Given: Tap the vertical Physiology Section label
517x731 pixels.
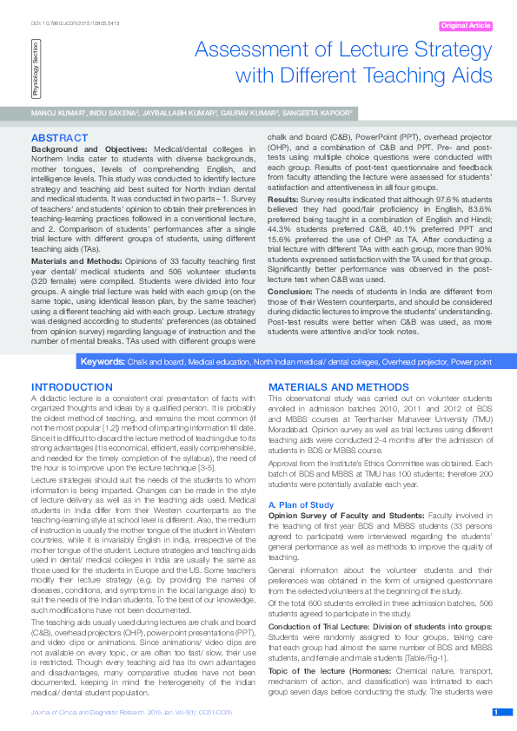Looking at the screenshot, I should coord(36,73).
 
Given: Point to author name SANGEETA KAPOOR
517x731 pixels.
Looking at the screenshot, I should coord(319,114).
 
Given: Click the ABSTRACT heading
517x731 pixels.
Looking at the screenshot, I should coord(58,138).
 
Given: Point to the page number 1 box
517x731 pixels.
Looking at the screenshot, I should coord(495,712).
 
